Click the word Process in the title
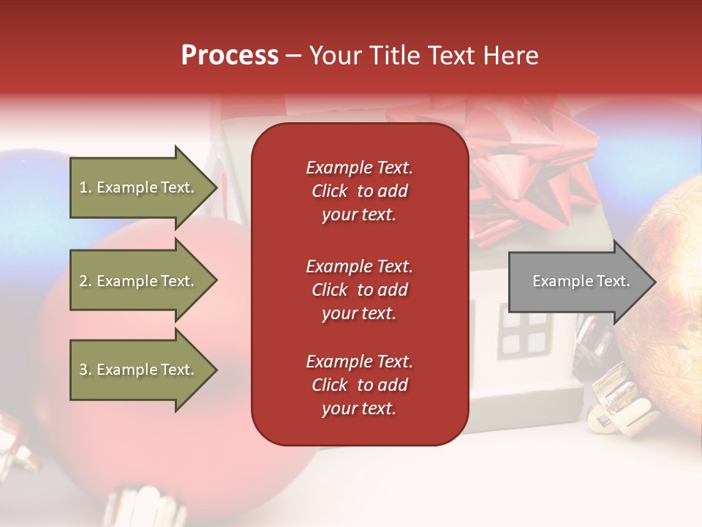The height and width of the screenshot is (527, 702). click(x=230, y=56)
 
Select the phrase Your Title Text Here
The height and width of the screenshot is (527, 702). click(x=423, y=56)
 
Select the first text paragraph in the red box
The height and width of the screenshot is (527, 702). click(x=359, y=191)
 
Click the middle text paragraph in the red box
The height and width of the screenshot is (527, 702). click(x=359, y=290)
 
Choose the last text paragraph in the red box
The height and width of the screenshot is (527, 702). click(x=359, y=385)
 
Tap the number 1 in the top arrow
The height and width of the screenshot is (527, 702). click(x=84, y=187)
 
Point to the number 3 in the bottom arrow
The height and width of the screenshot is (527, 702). click(x=84, y=370)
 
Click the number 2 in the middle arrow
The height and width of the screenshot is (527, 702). click(x=84, y=281)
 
